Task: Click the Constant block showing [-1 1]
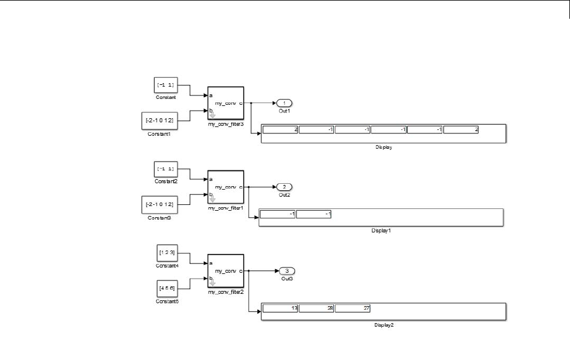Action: pyautogui.click(x=165, y=85)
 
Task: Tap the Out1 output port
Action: pyautogui.click(x=284, y=103)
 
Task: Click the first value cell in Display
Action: pyautogui.click(x=280, y=130)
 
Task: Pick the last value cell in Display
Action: pyautogui.click(x=461, y=130)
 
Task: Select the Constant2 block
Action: pyautogui.click(x=165, y=169)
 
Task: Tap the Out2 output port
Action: pyautogui.click(x=284, y=187)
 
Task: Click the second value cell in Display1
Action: pyautogui.click(x=314, y=214)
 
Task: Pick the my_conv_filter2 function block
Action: pyautogui.click(x=226, y=271)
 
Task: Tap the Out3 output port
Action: pyautogui.click(x=286, y=270)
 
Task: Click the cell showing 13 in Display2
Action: pyautogui.click(x=280, y=308)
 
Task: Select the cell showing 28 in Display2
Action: pyautogui.click(x=316, y=308)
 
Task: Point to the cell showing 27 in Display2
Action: pyautogui.click(x=353, y=308)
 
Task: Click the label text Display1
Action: pyautogui.click(x=381, y=231)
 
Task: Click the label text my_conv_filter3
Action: pyautogui.click(x=226, y=125)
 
